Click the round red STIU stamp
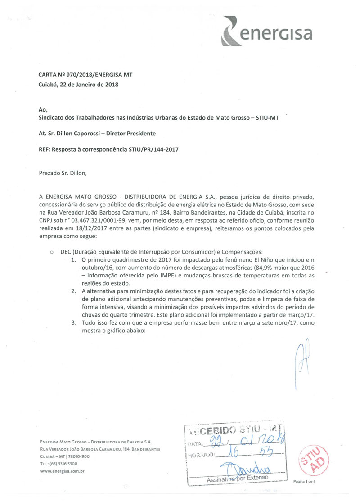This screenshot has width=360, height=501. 312,459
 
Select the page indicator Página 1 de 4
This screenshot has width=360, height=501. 305,482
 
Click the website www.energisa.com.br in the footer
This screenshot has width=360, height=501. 63,471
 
